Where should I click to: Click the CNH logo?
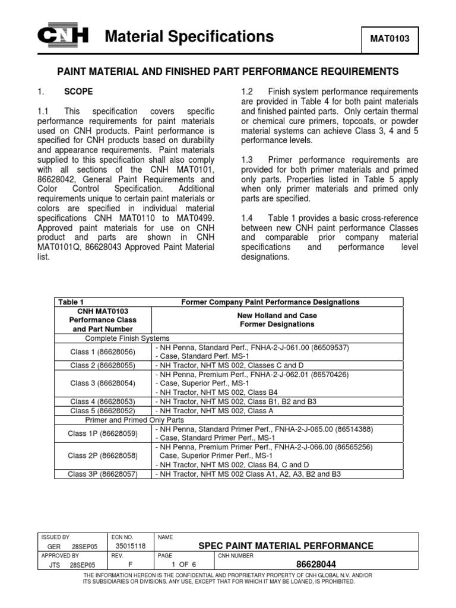[x=62, y=37]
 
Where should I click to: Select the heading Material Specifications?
[x=189, y=37]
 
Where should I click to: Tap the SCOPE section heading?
[x=78, y=92]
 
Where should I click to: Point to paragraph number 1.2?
[x=248, y=92]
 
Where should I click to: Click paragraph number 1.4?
[x=248, y=218]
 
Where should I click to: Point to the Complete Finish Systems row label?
[x=128, y=338]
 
